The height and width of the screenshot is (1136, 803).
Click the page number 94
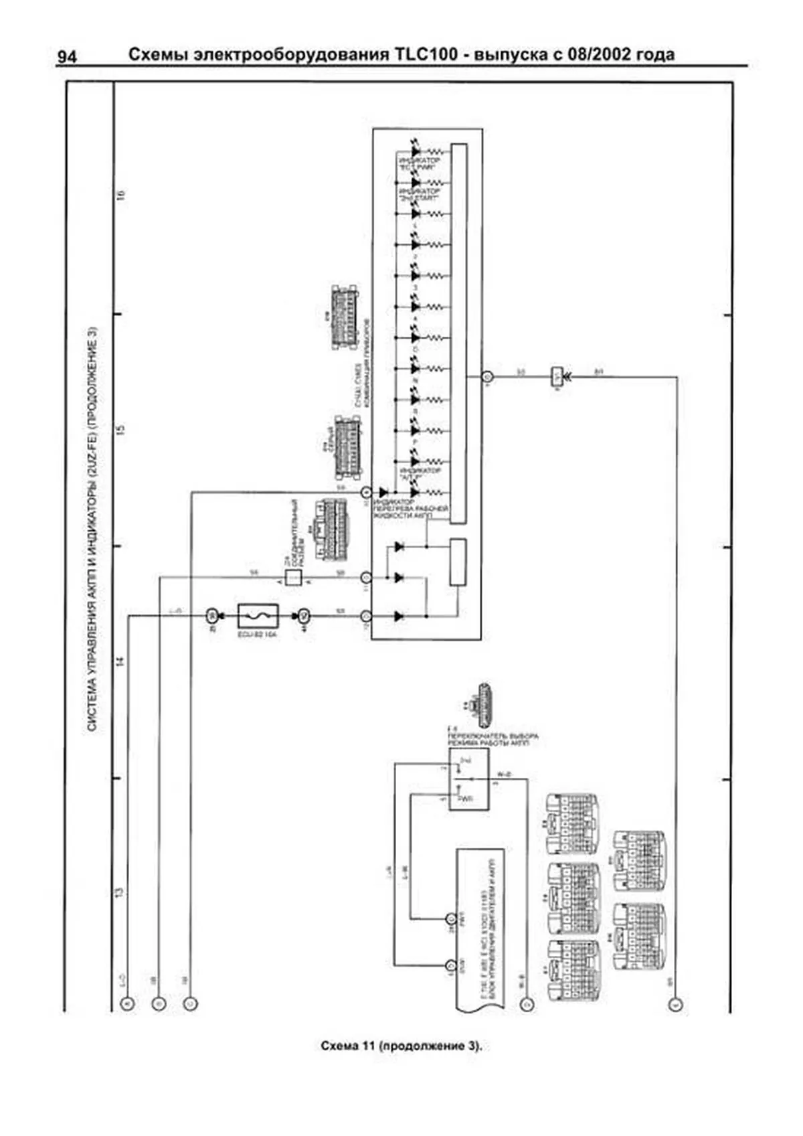tap(66, 57)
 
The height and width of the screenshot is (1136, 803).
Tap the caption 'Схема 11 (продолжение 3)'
tap(401, 1046)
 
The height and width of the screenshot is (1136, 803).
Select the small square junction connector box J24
tap(293, 577)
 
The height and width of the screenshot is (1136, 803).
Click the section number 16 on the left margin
tap(120, 196)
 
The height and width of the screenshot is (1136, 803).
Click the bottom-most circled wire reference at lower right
tap(677, 1004)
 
